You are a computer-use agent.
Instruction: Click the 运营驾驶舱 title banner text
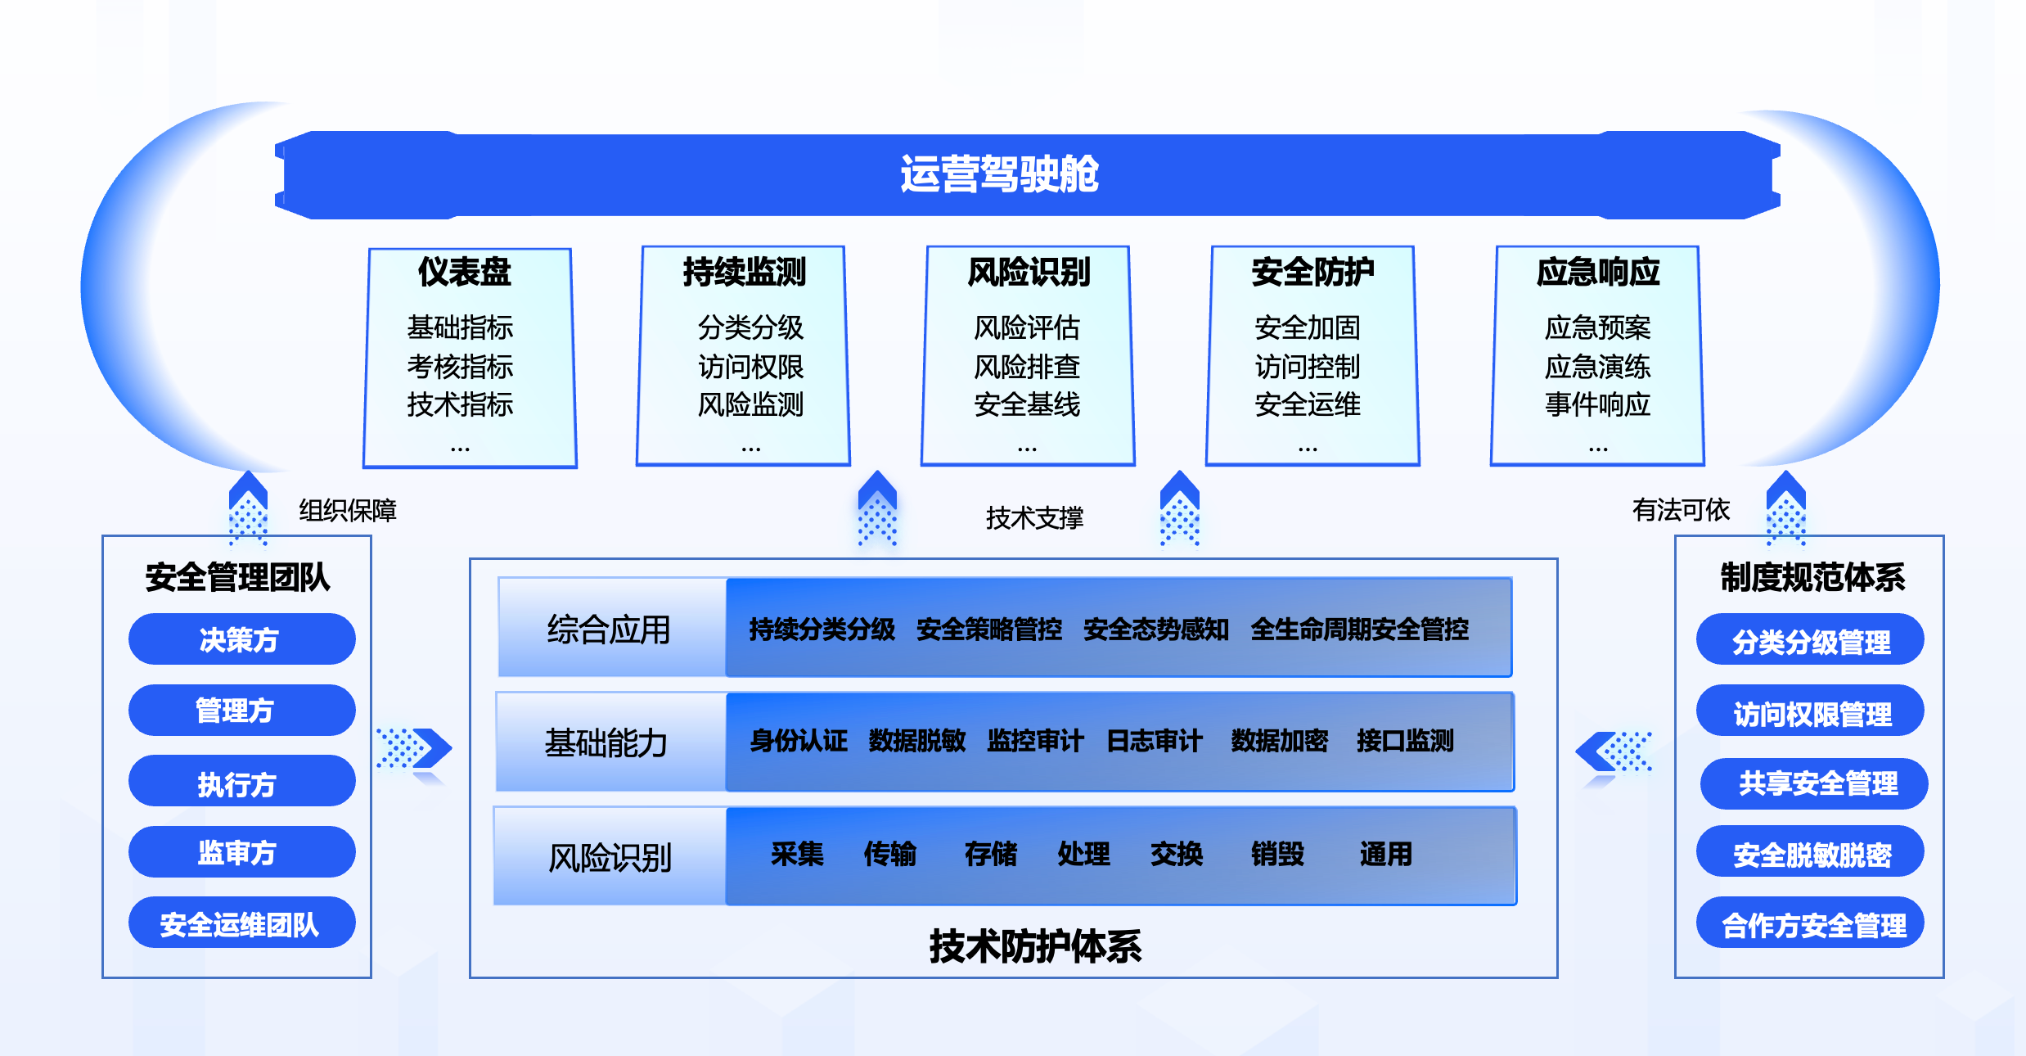(x=999, y=174)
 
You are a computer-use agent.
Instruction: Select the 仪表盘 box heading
(x=464, y=273)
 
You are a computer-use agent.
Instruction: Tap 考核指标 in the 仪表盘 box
(x=460, y=367)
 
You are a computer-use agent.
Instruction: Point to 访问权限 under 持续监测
(x=750, y=367)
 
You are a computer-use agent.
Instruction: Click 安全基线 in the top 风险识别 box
(x=1027, y=404)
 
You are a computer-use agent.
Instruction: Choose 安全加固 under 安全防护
(x=1308, y=328)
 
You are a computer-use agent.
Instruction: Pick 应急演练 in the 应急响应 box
(x=1597, y=367)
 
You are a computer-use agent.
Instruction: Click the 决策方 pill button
(x=241, y=639)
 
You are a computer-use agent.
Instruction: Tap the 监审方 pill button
(x=241, y=852)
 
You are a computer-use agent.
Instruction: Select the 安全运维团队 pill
(x=241, y=923)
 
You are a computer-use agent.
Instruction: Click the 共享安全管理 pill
(x=1816, y=783)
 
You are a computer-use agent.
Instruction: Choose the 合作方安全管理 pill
(x=1812, y=925)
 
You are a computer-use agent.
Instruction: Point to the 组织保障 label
(x=348, y=511)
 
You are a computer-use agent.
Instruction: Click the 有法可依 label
(x=1681, y=510)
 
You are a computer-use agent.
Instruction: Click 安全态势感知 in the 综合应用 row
(x=1155, y=630)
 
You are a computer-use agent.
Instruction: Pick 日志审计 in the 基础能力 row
(x=1154, y=741)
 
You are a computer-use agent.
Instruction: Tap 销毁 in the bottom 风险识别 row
(x=1276, y=855)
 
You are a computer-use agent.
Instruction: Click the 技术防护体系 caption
(x=1035, y=946)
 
